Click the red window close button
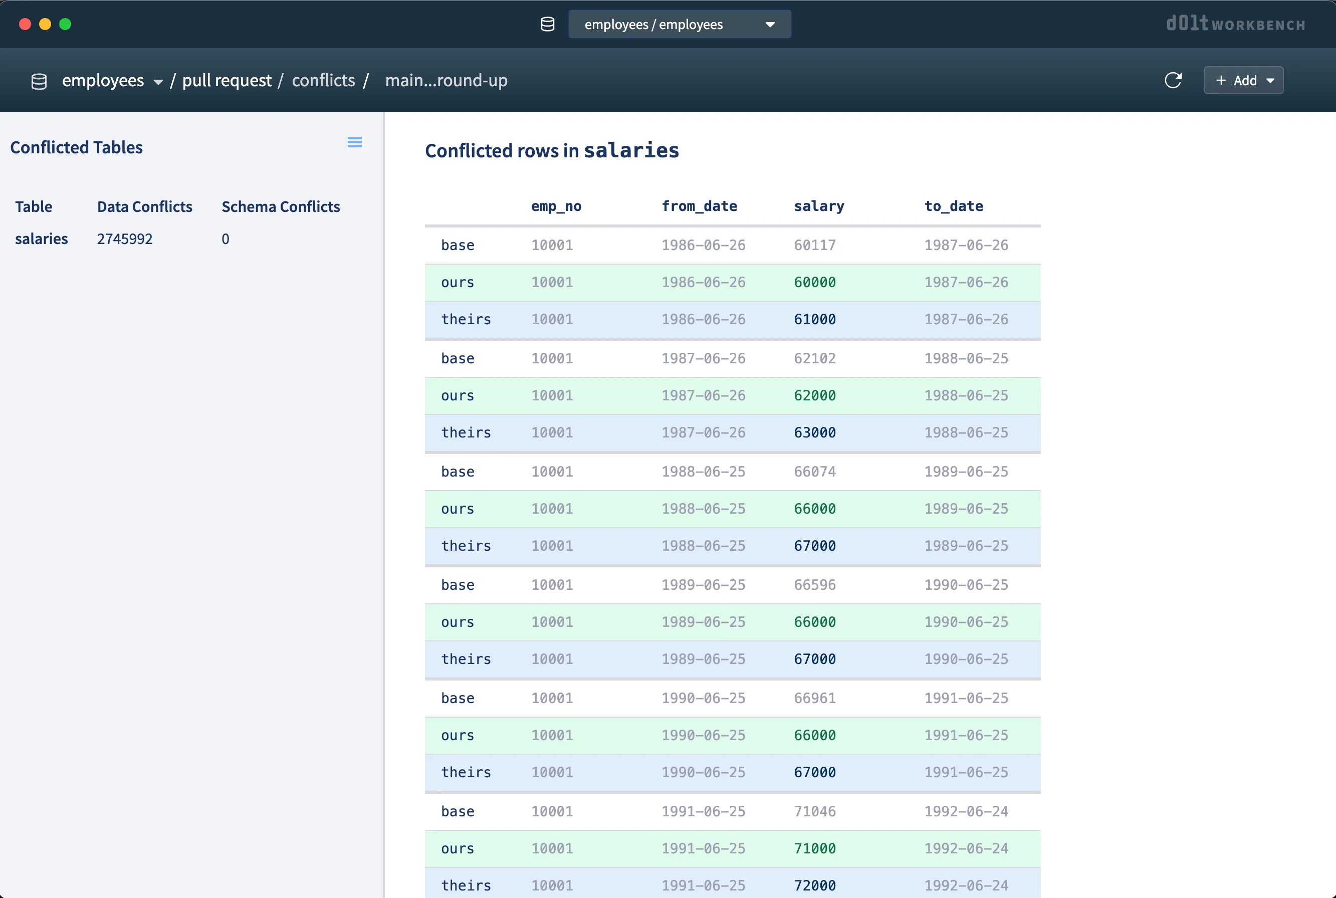point(25,24)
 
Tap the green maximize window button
point(65,24)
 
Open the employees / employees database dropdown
point(679,24)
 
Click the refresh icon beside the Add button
point(1173,80)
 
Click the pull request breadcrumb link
point(227,80)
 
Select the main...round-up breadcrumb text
point(446,80)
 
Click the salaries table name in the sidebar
point(41,239)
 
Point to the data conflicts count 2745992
point(125,239)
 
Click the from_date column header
point(699,206)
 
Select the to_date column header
point(954,206)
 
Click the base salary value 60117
point(814,245)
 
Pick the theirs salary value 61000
point(814,319)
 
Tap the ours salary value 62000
point(814,395)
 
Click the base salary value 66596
point(814,585)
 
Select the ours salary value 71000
point(814,848)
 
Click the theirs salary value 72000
point(814,885)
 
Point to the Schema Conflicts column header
point(281,207)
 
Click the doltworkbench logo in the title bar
point(1235,24)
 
